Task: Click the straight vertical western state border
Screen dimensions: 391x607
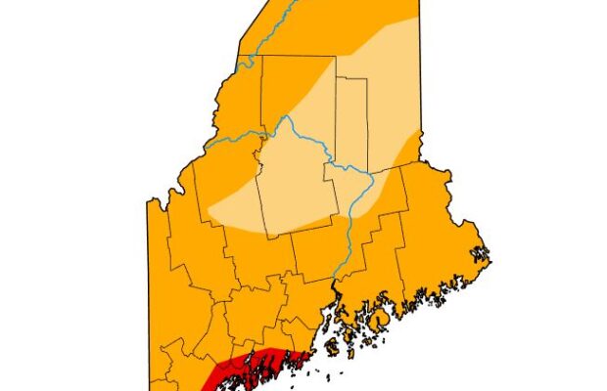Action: pyautogui.click(x=149, y=293)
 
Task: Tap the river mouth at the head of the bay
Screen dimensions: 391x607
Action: pyautogui.click(x=338, y=283)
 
